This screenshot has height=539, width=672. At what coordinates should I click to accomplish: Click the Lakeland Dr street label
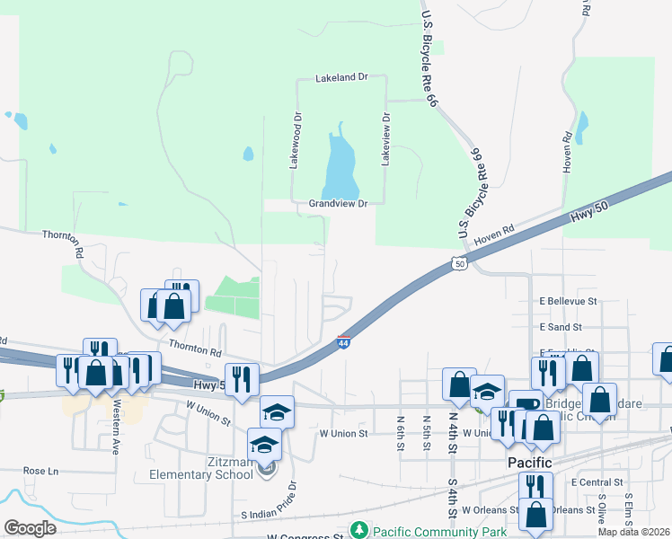[x=341, y=78]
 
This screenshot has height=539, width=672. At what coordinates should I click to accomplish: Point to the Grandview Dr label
[x=339, y=204]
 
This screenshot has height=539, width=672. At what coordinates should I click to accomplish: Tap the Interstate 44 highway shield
[x=343, y=341]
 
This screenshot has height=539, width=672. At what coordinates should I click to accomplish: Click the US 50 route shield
[x=459, y=263]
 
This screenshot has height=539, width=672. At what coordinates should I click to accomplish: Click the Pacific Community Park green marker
[x=359, y=530]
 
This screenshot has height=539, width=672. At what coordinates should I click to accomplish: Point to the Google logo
[x=30, y=528]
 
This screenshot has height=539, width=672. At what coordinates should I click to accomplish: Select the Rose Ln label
[x=40, y=471]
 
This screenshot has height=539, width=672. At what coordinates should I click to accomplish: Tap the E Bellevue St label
[x=569, y=301]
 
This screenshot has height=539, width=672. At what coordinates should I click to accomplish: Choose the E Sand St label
[x=561, y=327]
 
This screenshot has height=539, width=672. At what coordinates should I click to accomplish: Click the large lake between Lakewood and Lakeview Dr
[x=340, y=171]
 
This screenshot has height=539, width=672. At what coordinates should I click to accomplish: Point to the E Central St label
[x=597, y=482]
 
